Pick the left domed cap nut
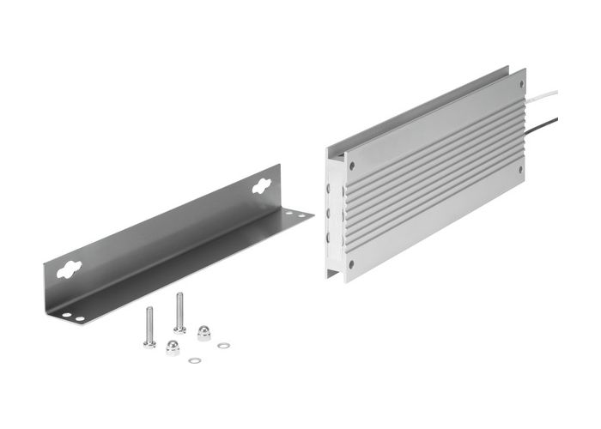(173, 347)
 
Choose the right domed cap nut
(204, 332)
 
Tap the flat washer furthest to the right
(223, 346)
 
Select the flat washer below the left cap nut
(194, 360)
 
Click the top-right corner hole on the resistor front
(520, 83)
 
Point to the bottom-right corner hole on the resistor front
(520, 169)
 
